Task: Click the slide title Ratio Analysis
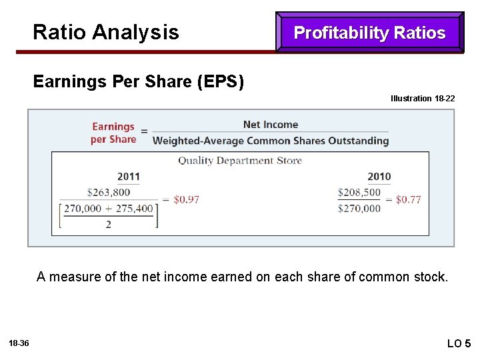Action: (105, 32)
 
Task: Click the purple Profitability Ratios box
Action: (369, 33)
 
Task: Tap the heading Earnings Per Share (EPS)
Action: (139, 82)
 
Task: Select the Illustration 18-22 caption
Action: (423, 99)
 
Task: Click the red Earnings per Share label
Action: (113, 133)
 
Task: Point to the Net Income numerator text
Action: (271, 125)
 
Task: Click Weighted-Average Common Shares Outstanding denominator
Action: (271, 141)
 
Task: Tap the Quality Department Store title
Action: (240, 161)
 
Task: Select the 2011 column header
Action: (129, 177)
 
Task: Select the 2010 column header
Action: (379, 177)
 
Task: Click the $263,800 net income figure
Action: (108, 192)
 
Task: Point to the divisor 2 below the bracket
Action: (108, 225)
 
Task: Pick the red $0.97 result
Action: (186, 199)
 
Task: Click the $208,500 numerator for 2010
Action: (359, 192)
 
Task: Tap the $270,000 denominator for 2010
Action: (359, 209)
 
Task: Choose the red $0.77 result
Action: (408, 199)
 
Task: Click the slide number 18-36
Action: (19, 343)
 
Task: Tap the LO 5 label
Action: (458, 343)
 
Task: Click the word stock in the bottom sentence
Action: (431, 277)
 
